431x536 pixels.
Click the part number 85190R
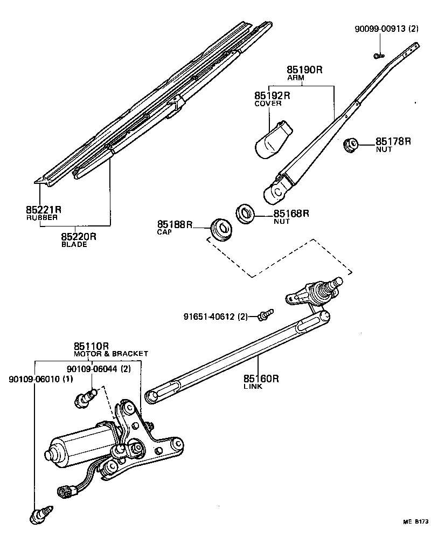click(x=304, y=70)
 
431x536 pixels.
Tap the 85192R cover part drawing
click(x=272, y=140)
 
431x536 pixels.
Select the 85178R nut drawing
click(x=351, y=145)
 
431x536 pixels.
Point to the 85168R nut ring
click(x=246, y=213)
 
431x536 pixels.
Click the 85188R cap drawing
click(x=220, y=228)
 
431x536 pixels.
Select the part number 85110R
click(x=92, y=346)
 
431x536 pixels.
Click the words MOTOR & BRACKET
click(x=110, y=354)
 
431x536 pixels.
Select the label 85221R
click(x=44, y=210)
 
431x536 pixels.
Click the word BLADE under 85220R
click(x=74, y=244)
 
